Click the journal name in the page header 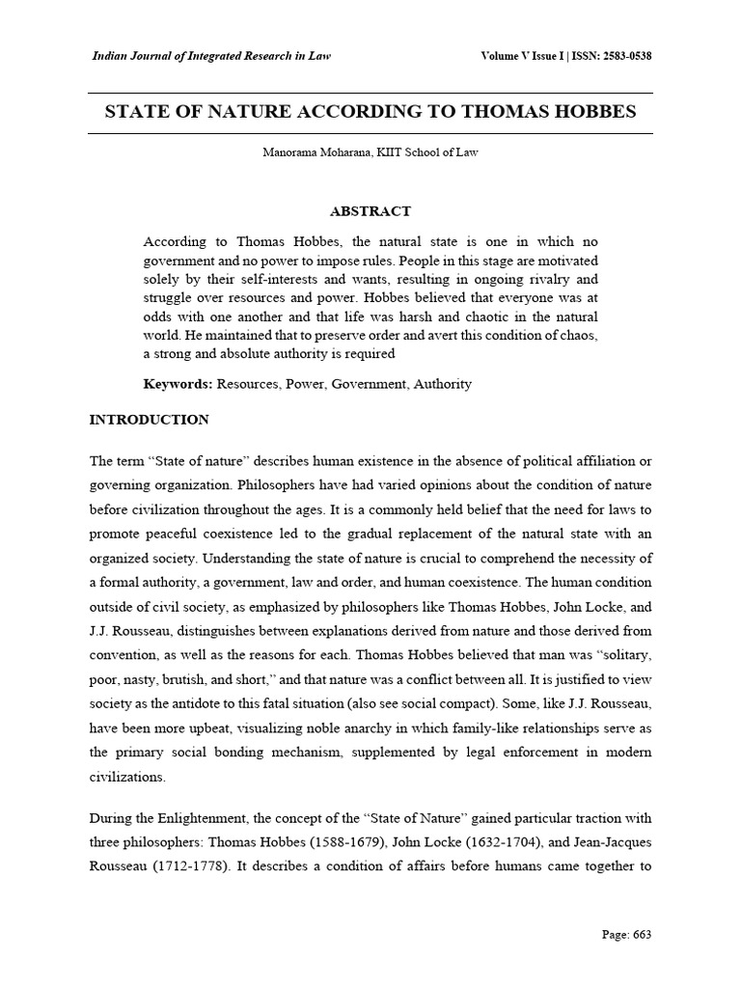tap(210, 56)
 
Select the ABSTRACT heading tap(370, 211)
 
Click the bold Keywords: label tap(178, 384)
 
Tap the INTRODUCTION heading tap(149, 420)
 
